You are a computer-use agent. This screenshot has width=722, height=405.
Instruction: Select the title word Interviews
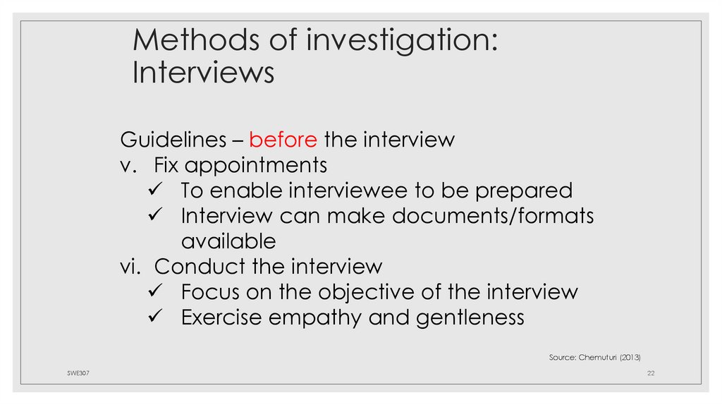coord(203,73)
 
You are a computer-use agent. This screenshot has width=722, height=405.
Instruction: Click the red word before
coord(283,140)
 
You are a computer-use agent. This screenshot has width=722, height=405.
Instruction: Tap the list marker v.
coord(128,166)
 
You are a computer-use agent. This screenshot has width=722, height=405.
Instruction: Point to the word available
coord(228,241)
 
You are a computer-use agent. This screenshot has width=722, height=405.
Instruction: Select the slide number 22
coord(651,373)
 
